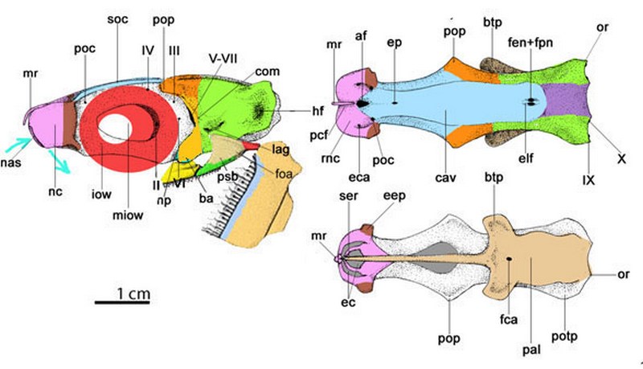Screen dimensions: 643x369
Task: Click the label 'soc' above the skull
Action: tap(117, 19)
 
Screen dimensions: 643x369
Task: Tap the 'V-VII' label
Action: tap(223, 58)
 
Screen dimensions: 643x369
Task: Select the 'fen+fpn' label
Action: tap(530, 42)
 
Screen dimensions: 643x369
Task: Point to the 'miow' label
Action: tap(128, 215)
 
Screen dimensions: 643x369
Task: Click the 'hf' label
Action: tap(317, 110)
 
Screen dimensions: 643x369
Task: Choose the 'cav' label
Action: tap(445, 178)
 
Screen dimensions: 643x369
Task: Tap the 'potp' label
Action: tap(564, 337)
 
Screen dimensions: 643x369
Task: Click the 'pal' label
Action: tap(531, 350)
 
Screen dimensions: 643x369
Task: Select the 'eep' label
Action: tap(395, 196)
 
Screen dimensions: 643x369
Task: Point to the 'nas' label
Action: tap(11, 162)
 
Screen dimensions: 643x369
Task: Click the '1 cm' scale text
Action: tap(133, 293)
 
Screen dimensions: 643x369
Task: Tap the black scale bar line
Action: tap(122, 302)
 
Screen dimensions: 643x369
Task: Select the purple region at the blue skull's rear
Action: tap(566, 100)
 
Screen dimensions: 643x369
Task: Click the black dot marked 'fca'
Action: tap(509, 259)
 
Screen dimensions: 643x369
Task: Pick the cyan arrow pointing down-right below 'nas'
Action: tap(59, 162)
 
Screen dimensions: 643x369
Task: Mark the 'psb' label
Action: tap(227, 177)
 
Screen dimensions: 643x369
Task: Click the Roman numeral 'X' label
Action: tap(621, 158)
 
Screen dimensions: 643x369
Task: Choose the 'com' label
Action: tap(268, 72)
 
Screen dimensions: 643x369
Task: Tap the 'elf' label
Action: tap(526, 158)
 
